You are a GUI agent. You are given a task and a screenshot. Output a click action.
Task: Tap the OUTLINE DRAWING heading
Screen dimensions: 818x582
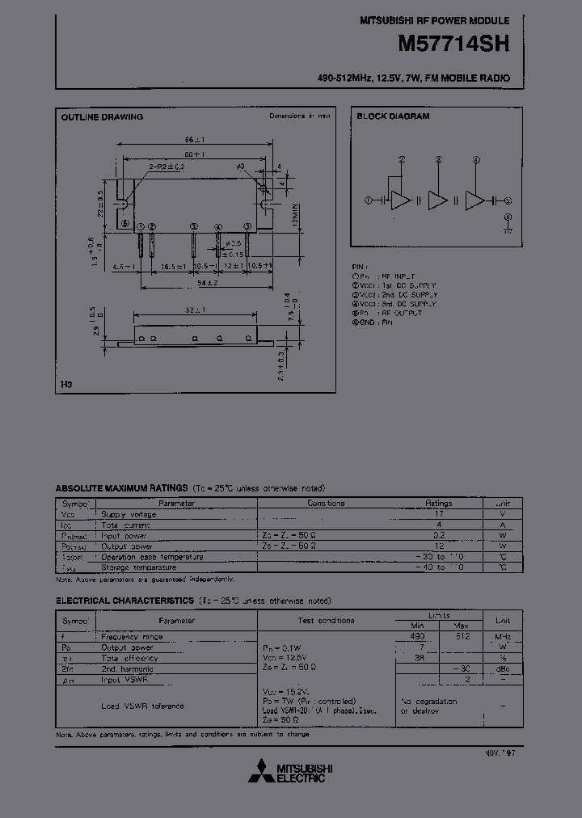102,116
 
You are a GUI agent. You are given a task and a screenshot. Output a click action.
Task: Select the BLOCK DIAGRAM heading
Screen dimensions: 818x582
393,116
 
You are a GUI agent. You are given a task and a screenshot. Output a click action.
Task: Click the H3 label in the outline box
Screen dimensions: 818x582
65,385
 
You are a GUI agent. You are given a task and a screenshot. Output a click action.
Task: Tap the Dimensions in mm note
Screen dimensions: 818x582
300,116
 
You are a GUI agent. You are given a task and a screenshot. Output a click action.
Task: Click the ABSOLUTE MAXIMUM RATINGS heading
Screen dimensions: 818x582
120,489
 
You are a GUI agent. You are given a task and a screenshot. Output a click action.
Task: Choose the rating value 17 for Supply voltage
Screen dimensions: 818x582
439,513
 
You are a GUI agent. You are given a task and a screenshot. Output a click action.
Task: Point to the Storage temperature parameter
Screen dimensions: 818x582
141,567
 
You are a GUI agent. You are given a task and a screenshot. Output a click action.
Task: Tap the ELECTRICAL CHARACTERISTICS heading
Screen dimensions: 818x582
124,601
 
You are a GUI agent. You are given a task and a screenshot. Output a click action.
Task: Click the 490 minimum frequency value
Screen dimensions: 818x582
417,637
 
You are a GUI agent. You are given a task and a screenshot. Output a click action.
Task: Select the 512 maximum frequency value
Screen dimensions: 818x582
462,637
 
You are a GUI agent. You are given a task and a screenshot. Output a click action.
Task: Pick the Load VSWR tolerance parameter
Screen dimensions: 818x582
142,706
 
